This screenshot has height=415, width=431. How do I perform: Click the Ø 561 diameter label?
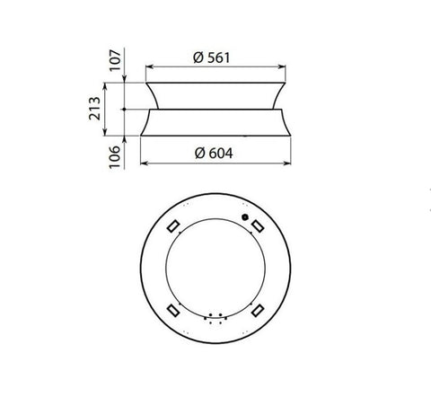pyautogui.click(x=212, y=57)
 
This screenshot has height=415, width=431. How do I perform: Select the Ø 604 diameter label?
pyautogui.click(x=214, y=153)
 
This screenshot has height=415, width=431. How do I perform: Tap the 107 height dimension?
pyautogui.click(x=116, y=60)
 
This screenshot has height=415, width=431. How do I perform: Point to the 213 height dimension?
pyautogui.click(x=94, y=109)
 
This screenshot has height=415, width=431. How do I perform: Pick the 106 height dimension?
pyautogui.click(x=115, y=157)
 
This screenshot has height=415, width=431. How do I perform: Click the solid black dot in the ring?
pyautogui.click(x=245, y=216)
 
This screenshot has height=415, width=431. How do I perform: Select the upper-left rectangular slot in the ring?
pyautogui.click(x=173, y=226)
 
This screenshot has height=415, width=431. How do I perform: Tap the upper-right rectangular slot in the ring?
pyautogui.click(x=258, y=226)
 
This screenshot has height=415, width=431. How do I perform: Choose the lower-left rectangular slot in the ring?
pyautogui.click(x=173, y=310)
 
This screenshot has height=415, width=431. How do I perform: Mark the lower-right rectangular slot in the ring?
pyautogui.click(x=258, y=310)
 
